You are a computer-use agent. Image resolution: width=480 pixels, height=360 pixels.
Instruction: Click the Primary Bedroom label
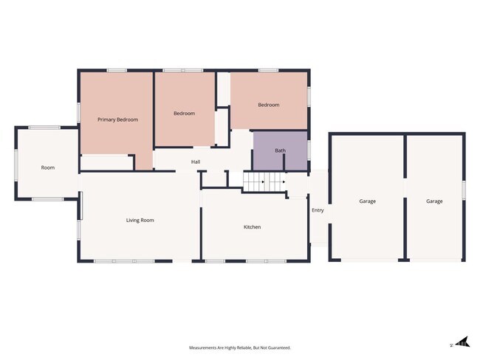pyautogui.click(x=117, y=120)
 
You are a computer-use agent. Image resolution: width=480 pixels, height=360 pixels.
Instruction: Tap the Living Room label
pyautogui.click(x=140, y=221)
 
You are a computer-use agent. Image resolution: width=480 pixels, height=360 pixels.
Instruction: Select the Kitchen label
pyautogui.click(x=253, y=227)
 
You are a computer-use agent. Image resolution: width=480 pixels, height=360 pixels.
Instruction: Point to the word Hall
pyautogui.click(x=196, y=162)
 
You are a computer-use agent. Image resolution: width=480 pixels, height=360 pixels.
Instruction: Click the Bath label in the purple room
pyautogui.click(x=280, y=150)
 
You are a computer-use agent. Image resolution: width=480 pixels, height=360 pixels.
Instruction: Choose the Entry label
pyautogui.click(x=318, y=210)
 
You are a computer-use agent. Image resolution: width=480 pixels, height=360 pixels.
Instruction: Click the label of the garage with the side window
pyautogui.click(x=434, y=201)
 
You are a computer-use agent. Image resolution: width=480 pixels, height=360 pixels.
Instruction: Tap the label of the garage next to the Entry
pyautogui.click(x=367, y=201)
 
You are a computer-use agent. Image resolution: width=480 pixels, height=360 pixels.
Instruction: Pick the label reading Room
pyautogui.click(x=48, y=167)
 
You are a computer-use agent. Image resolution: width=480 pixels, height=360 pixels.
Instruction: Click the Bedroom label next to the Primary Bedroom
pyautogui.click(x=185, y=114)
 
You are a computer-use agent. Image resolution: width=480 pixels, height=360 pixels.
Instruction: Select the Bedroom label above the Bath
pyautogui.click(x=269, y=105)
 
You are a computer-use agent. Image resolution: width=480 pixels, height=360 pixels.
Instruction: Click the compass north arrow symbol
pyautogui.click(x=462, y=342)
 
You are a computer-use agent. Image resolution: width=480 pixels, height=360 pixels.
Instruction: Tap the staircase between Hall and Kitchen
pyautogui.click(x=264, y=181)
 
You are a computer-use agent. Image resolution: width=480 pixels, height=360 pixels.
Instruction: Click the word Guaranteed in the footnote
pyautogui.click(x=280, y=347)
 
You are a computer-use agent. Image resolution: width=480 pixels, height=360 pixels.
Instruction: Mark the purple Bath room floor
pyautogui.click(x=280, y=150)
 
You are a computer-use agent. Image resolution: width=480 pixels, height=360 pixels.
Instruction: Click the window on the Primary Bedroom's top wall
pyautogui.click(x=117, y=71)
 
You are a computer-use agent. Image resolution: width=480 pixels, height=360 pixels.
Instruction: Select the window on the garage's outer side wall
pyautogui.click(x=464, y=190)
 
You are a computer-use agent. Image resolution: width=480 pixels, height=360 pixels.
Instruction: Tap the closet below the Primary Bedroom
pyautogui.click(x=107, y=163)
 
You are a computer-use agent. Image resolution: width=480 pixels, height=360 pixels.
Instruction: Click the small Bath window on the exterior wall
pyautogui.click(x=309, y=150)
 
